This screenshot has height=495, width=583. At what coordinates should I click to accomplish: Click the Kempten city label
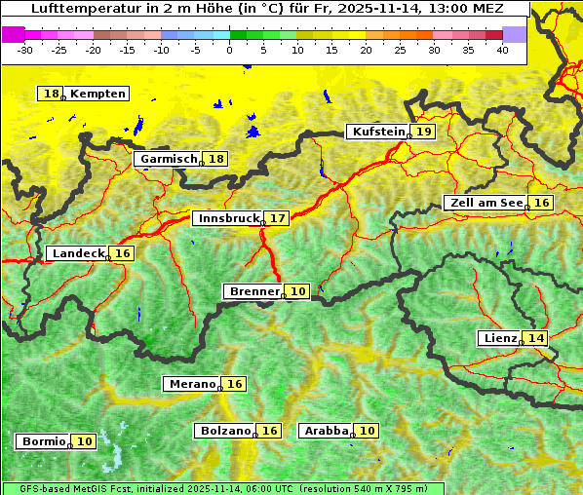97,94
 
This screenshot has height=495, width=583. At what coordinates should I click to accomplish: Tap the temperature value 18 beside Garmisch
215,159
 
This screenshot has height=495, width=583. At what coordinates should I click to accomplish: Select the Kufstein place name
377,132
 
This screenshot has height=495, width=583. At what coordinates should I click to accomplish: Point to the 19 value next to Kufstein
423,132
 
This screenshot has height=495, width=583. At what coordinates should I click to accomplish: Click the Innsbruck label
228,218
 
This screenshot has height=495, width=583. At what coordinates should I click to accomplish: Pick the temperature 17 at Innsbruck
279,218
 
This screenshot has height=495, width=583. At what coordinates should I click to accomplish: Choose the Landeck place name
78,253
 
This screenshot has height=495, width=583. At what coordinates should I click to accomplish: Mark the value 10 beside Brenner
298,291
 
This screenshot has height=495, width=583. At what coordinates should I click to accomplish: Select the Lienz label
499,338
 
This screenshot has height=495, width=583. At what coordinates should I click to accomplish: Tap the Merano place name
191,384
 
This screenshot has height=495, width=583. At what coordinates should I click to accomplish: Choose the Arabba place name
326,430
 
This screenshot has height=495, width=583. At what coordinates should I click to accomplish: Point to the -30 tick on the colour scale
25,50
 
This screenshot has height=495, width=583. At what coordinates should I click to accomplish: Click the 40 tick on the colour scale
502,50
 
